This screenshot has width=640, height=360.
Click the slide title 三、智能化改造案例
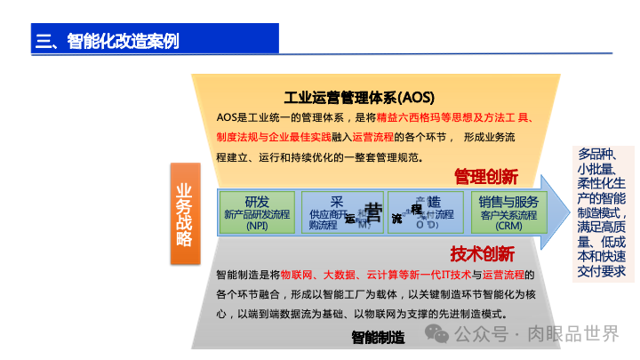(107, 40)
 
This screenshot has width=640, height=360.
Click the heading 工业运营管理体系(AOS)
(359, 97)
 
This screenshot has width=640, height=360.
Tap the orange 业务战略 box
(184, 213)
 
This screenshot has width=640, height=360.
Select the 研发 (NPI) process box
(257, 212)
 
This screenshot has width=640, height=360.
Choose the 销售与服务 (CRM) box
(508, 212)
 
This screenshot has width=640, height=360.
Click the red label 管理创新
(485, 176)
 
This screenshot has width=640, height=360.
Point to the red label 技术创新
(482, 252)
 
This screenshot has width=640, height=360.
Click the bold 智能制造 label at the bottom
(378, 337)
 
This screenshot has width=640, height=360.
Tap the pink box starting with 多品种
(602, 212)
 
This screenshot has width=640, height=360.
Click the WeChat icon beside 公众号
(436, 333)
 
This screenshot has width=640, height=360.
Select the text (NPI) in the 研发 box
(257, 226)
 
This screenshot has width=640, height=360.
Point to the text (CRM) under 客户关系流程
(508, 226)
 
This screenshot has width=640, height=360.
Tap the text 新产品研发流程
(257, 214)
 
